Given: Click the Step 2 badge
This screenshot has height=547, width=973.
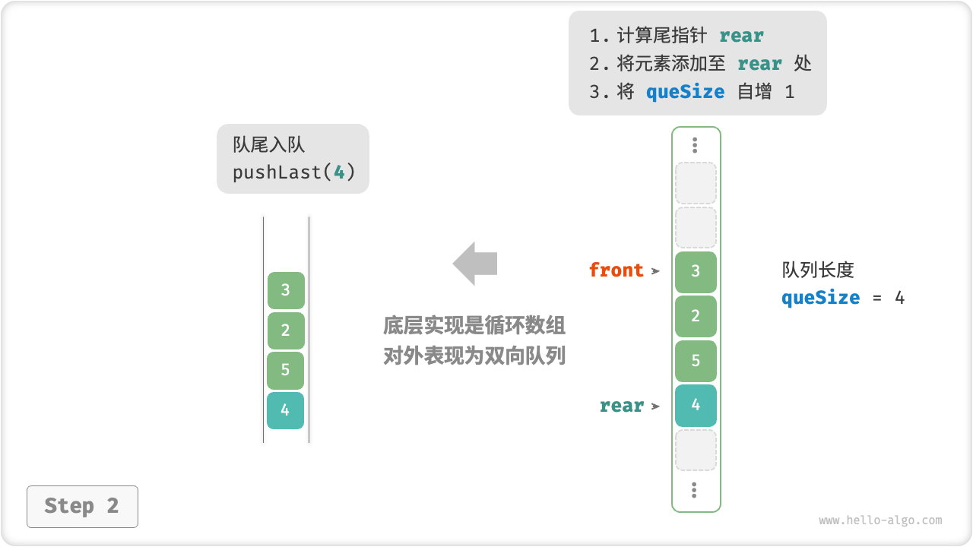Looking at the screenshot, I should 82,506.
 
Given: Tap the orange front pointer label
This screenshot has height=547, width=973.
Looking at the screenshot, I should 616,270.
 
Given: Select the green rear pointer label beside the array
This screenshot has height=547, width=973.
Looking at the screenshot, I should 622,406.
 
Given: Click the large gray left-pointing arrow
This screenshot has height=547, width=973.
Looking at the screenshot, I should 475,264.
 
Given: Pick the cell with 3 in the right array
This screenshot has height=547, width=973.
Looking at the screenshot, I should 696,272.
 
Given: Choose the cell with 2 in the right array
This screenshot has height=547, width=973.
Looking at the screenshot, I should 696,316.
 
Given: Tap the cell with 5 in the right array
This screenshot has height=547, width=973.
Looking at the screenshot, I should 696,361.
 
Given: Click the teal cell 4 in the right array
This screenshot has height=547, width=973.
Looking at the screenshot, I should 696,405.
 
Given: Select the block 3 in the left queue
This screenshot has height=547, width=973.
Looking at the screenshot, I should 286,290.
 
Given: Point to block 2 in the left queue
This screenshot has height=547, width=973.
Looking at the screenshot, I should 286,330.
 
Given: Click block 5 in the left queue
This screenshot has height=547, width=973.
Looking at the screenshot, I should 286,370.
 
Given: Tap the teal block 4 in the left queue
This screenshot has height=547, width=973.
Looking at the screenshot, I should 285,410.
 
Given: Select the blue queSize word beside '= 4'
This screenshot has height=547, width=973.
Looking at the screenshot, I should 820,298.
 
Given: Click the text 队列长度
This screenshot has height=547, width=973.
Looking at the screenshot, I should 818,270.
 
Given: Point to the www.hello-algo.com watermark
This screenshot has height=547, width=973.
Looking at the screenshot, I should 880,520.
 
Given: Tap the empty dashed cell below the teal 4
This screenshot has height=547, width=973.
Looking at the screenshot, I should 696,450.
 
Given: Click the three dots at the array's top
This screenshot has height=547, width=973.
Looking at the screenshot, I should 695,145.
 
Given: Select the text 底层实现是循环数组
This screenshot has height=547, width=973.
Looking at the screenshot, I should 474,326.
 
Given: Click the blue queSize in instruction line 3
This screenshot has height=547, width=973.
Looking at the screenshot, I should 685,92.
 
